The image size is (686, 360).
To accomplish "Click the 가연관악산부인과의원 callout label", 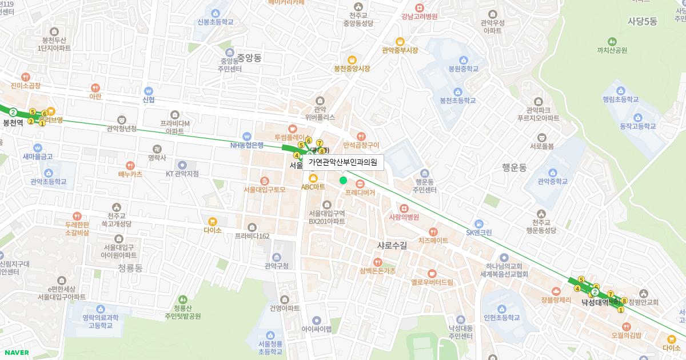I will [x=343, y=162].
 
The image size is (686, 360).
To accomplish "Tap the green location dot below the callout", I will [x=343, y=181].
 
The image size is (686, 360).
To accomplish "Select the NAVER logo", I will [x=15, y=353].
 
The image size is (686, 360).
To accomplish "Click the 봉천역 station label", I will [x=13, y=122].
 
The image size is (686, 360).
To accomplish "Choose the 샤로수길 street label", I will [x=392, y=245].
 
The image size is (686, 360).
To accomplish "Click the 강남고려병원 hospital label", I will [x=419, y=17].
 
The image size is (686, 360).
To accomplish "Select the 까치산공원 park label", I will [x=612, y=50].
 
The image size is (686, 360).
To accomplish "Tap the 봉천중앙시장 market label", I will [x=352, y=69].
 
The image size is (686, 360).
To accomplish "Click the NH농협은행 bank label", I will [x=247, y=145].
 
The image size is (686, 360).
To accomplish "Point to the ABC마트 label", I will [x=313, y=187].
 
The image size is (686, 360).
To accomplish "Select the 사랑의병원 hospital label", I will [x=404, y=217].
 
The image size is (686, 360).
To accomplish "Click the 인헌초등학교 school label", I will [x=501, y=318].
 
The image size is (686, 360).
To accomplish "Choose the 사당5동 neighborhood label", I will [x=643, y=21].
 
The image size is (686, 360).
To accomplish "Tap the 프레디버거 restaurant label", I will [x=360, y=193].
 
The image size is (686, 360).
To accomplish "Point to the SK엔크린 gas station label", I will [x=478, y=233].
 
